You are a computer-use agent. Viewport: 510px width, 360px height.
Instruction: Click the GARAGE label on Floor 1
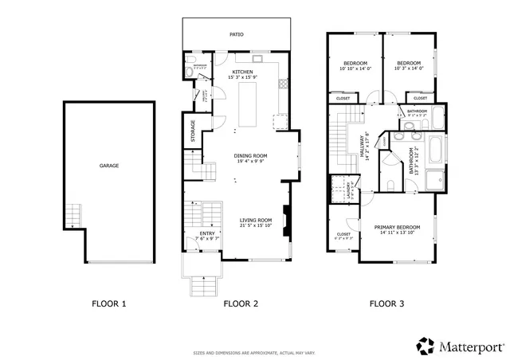tap(109, 166)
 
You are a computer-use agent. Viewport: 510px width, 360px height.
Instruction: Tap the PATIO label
tap(237, 35)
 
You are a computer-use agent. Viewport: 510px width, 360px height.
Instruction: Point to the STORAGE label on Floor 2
tap(193, 131)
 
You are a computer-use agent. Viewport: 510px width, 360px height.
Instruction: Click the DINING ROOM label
tap(250, 156)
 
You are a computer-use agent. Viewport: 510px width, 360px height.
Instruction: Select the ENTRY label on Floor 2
tap(207, 234)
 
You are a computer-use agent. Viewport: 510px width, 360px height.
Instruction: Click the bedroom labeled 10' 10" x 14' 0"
tap(355, 64)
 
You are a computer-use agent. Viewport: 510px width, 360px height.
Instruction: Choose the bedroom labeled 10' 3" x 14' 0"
tap(408, 64)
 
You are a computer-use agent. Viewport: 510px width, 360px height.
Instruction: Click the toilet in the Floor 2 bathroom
tap(187, 72)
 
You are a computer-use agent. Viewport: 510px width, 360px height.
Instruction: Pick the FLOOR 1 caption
tap(108, 303)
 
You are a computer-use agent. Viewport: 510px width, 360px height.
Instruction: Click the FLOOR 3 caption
tap(386, 303)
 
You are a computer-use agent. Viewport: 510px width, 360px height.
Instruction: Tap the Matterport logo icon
tap(424, 345)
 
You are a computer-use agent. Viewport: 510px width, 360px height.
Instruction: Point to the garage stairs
tap(73, 216)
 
